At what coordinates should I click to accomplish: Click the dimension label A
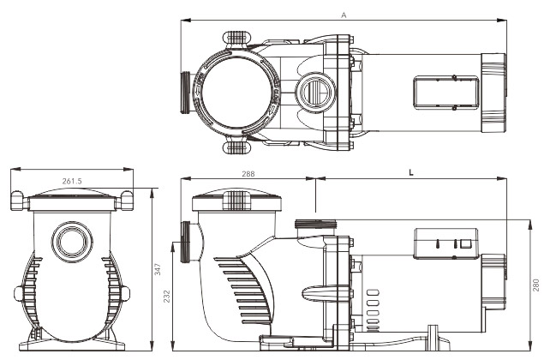click(x=344, y=15)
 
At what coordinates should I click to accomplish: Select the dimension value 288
click(x=248, y=174)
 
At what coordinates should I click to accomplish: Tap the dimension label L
click(x=411, y=173)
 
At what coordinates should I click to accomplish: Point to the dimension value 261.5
click(x=72, y=181)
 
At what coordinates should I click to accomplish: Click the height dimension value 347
click(x=158, y=269)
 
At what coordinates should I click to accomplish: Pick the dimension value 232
click(x=167, y=297)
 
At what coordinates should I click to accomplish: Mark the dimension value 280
click(x=536, y=285)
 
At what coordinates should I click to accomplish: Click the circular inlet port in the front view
click(x=72, y=243)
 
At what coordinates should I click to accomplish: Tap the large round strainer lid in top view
click(x=235, y=93)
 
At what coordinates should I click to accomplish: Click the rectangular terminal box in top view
click(x=446, y=93)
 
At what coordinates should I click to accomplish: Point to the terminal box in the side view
click(x=446, y=243)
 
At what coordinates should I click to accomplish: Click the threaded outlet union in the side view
click(x=315, y=225)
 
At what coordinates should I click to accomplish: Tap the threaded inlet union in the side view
click(x=185, y=243)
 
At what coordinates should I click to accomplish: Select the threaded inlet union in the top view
click(x=185, y=93)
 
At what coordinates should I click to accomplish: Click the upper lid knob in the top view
click(x=237, y=38)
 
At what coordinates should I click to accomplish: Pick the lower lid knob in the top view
click(x=237, y=147)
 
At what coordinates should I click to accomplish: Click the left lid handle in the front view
click(x=20, y=201)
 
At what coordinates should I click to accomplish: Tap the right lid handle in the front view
click(x=124, y=201)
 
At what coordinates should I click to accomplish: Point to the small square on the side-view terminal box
click(x=465, y=243)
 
